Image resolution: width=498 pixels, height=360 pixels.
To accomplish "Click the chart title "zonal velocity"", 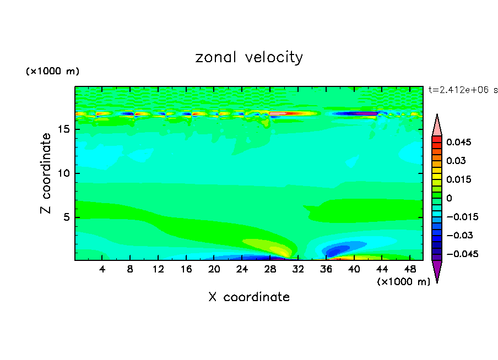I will (x=249, y=57).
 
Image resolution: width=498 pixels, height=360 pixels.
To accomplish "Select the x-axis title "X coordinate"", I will (x=249, y=297).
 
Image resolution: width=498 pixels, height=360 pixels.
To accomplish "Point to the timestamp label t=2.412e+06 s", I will (x=463, y=90).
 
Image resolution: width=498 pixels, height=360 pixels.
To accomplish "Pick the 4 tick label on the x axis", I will (x=102, y=269).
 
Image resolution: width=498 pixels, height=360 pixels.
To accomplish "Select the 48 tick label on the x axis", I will (x=410, y=269).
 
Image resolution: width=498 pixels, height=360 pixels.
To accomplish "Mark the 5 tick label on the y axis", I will (x=66, y=217).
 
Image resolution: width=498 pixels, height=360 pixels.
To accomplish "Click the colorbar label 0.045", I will (x=458, y=142).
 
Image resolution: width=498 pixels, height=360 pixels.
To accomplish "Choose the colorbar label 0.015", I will (x=458, y=179).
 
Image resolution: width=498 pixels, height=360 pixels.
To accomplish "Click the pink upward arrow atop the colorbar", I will (x=437, y=126).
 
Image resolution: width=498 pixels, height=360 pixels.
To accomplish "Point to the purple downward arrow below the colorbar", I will (x=437, y=271).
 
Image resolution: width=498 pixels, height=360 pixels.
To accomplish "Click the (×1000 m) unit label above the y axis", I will (x=52, y=72).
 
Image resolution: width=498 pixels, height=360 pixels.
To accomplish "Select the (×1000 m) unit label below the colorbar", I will (x=403, y=282).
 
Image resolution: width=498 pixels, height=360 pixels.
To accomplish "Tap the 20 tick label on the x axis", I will (x=214, y=269).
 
